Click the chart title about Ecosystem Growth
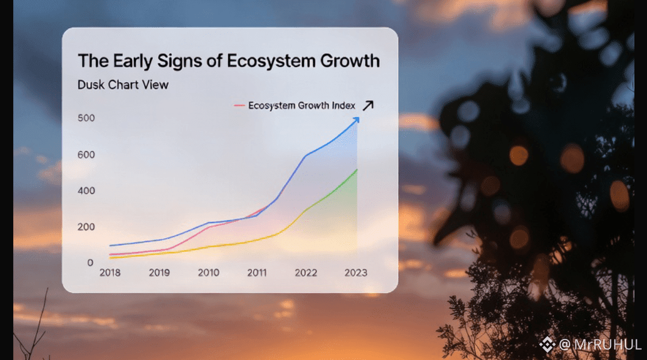click(228, 61)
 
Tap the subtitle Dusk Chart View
click(123, 85)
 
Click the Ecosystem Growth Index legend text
click(302, 106)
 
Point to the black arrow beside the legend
click(368, 105)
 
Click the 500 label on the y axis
click(86, 118)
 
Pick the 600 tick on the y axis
click(86, 155)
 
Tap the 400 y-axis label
click(86, 191)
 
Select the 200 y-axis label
click(86, 227)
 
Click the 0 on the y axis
click(90, 263)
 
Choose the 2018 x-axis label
click(110, 272)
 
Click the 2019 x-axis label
click(159, 272)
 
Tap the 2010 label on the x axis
click(208, 272)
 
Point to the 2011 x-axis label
click(257, 272)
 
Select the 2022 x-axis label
click(306, 272)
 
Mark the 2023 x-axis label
click(356, 272)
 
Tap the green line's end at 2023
click(357, 170)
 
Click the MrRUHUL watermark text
click(600, 345)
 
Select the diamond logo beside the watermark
click(547, 344)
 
